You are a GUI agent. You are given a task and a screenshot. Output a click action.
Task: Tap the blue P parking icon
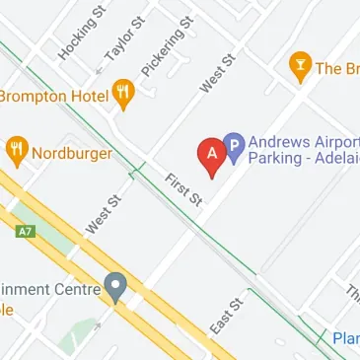click(234, 149)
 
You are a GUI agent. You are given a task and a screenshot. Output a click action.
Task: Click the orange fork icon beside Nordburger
click(17, 151)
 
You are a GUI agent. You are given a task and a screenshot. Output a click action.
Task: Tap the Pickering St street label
click(162, 53)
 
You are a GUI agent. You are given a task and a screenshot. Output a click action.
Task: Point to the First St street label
click(183, 188)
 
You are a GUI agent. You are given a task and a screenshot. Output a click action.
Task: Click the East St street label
click(226, 315)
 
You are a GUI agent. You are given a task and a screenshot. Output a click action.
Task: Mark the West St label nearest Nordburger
click(102, 214)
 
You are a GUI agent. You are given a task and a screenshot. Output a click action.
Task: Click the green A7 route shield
click(26, 233)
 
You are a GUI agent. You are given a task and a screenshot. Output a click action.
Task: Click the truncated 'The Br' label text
click(337, 68)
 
